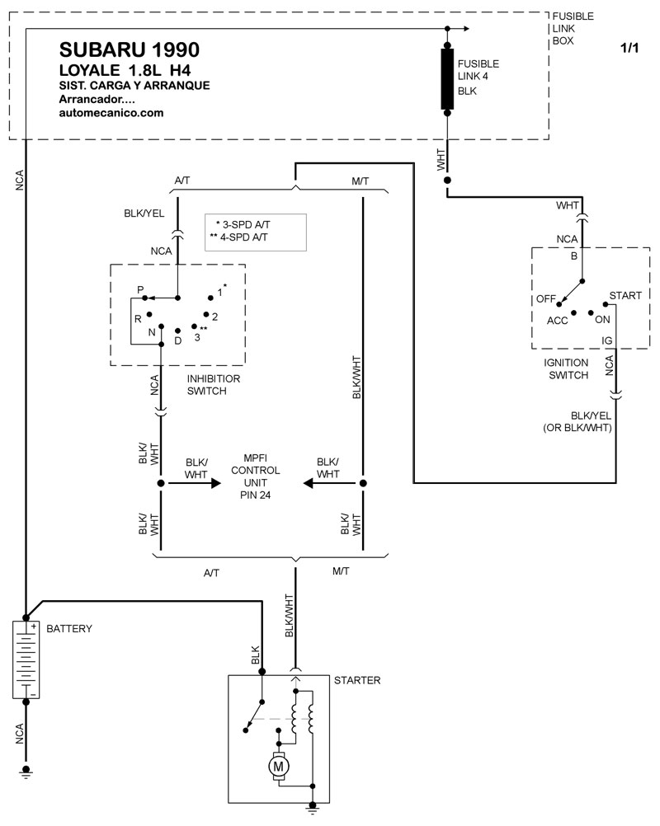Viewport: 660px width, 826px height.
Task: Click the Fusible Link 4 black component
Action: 447,79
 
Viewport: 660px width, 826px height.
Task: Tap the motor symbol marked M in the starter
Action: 278,767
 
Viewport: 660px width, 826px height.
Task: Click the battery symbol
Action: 26,659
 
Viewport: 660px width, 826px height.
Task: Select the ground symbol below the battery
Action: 26,772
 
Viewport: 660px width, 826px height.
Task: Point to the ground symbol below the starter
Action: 313,808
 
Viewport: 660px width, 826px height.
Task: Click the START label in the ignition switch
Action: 625,295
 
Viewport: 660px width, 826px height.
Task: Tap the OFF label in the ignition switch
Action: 545,298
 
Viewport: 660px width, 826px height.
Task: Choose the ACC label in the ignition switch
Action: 557,321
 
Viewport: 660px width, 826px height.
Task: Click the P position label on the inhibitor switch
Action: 140,289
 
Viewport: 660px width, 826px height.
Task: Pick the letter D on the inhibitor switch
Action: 178,340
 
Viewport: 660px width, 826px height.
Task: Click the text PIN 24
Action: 255,495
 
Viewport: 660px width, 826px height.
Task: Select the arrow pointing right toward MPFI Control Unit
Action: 195,483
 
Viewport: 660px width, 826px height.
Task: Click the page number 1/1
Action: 629,48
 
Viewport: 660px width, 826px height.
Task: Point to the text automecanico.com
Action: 111,113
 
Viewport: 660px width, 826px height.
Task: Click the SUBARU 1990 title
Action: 130,50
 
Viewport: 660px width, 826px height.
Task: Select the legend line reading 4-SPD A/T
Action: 238,237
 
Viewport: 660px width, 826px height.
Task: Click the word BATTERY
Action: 69,628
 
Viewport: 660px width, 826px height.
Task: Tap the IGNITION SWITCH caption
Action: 567,368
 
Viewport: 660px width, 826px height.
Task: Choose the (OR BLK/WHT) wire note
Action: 577,428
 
